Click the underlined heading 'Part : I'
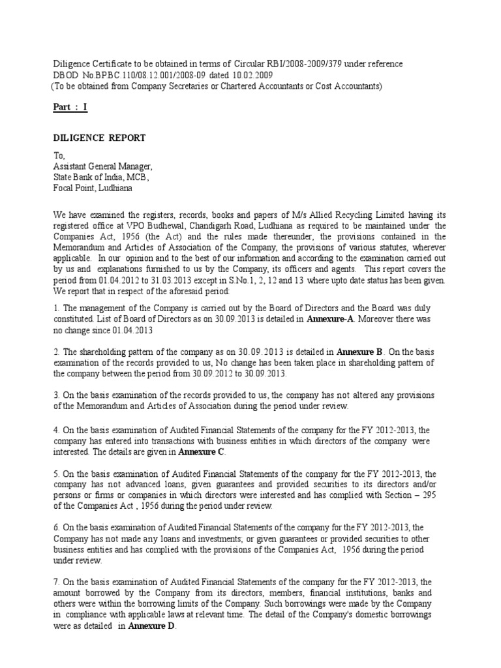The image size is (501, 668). [70, 108]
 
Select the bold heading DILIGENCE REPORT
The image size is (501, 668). [99, 138]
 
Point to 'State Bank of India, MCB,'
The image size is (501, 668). [101, 177]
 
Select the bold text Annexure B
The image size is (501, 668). [357, 353]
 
